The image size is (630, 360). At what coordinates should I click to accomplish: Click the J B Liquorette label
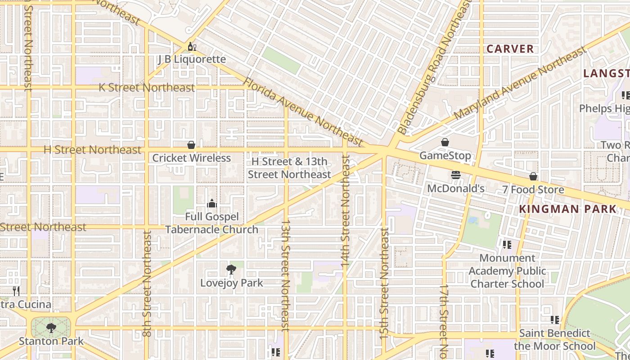pyautogui.click(x=192, y=59)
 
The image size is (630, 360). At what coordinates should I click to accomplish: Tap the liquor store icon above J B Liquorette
pyautogui.click(x=192, y=47)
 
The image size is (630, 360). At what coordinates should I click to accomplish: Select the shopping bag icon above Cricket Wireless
pyautogui.click(x=191, y=145)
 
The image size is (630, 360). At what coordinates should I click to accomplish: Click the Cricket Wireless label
pyautogui.click(x=191, y=158)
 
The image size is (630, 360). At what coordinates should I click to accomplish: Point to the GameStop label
pyautogui.click(x=445, y=156)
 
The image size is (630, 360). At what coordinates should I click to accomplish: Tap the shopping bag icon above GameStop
pyautogui.click(x=445, y=142)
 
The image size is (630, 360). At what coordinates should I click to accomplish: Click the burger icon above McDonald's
pyautogui.click(x=456, y=175)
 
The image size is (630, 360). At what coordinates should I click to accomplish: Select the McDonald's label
pyautogui.click(x=455, y=188)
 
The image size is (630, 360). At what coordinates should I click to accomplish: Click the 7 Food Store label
pyautogui.click(x=533, y=189)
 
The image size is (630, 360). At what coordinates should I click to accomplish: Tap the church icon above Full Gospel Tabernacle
pyautogui.click(x=212, y=204)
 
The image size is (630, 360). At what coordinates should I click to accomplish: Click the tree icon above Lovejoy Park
pyautogui.click(x=231, y=270)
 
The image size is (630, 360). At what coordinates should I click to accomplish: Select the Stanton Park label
pyautogui.click(x=51, y=341)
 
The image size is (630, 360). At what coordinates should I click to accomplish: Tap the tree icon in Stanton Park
pyautogui.click(x=51, y=328)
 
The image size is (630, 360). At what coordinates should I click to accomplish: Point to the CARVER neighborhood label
pyautogui.click(x=510, y=49)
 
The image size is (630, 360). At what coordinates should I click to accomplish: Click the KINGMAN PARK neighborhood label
pyautogui.click(x=567, y=209)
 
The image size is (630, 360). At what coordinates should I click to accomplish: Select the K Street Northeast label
pyautogui.click(x=147, y=87)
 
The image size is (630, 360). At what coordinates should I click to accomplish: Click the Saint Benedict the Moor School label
pyautogui.click(x=554, y=339)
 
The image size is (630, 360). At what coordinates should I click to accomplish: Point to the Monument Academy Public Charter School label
pyautogui.click(x=507, y=271)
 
